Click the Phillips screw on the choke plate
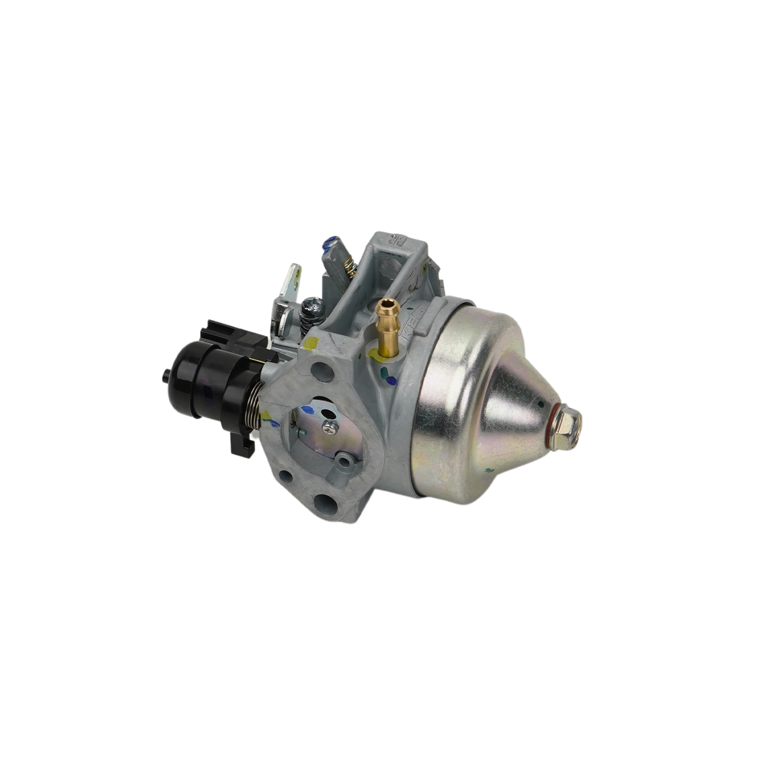coord(329,426)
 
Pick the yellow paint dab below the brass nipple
coord(374,355)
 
